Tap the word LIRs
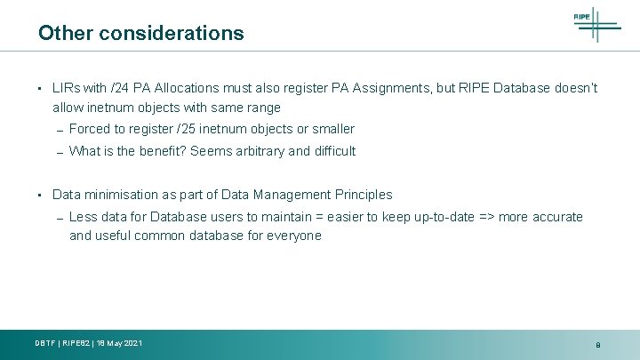tap(66, 89)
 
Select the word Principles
tap(364, 195)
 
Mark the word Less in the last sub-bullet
tap(83, 217)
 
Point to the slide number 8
tap(598, 345)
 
